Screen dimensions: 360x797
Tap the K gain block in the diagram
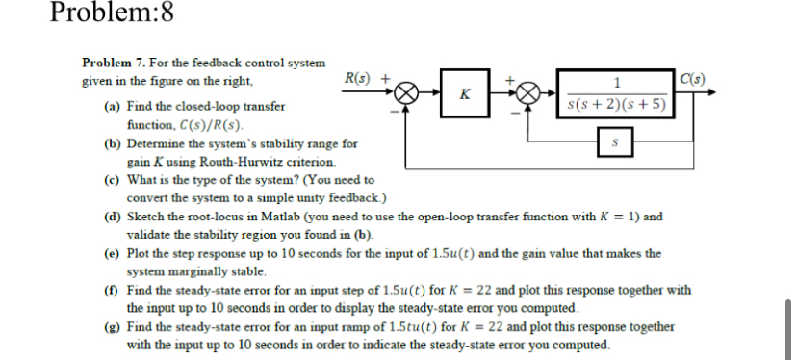click(x=466, y=94)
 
